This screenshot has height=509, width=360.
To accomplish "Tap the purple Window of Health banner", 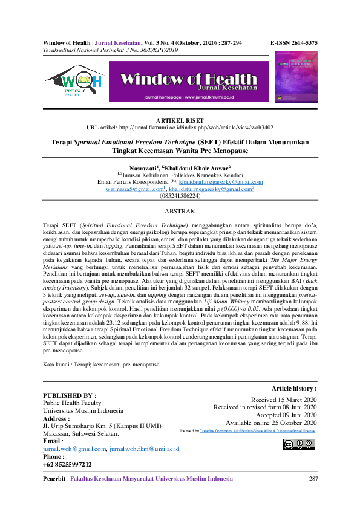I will (x=191, y=80).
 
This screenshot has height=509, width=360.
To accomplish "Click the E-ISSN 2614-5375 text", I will (x=293, y=44).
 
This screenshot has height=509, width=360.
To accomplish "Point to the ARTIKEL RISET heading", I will (x=180, y=121).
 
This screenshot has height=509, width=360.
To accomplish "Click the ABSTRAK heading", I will (x=180, y=212).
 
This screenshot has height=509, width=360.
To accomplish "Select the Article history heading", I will (x=294, y=388).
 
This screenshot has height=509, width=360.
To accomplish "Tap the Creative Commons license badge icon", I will (x=299, y=444).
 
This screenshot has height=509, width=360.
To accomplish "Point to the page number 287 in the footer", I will (x=313, y=479).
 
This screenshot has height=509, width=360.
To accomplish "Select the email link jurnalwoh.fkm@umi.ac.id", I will (x=145, y=449).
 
